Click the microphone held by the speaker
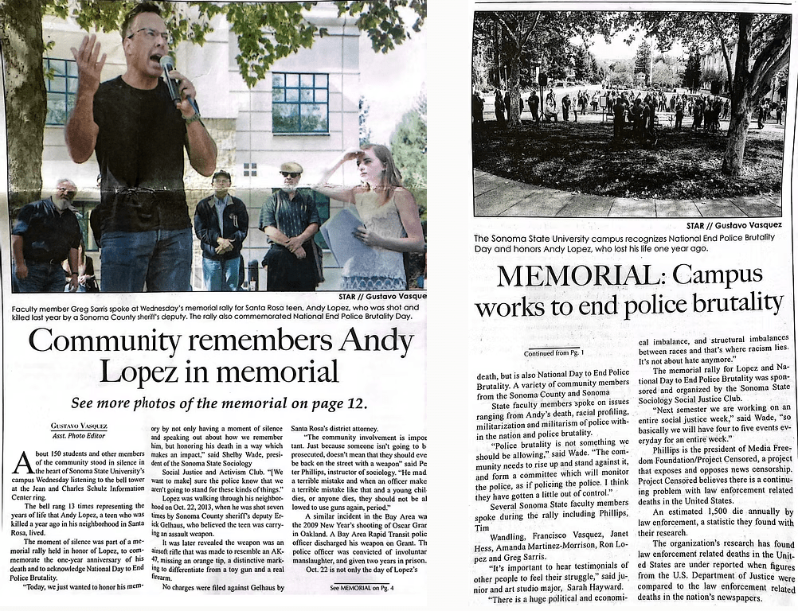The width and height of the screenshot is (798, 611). point(170,76)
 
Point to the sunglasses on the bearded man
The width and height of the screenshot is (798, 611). point(291,173)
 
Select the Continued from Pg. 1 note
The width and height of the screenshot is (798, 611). point(554,352)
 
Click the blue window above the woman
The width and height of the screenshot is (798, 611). point(299,102)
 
